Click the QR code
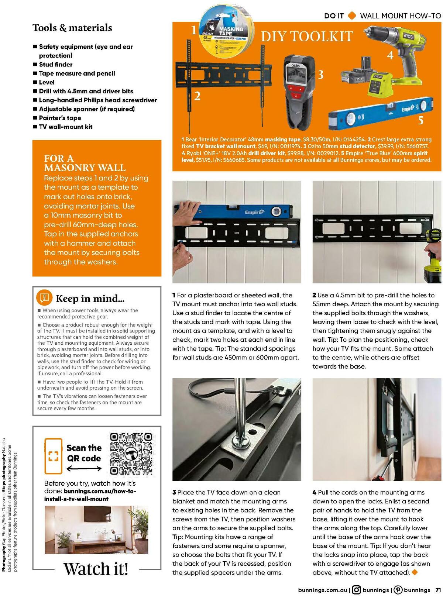pos(131,454)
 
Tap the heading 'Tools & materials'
pos(72,28)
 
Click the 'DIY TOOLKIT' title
pos(307,37)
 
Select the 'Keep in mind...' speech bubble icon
pos(44,298)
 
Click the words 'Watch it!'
pos(96,569)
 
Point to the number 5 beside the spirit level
pos(420,120)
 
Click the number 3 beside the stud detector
pos(321,75)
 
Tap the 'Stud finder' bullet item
pos(56,65)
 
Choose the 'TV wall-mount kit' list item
pos(66,127)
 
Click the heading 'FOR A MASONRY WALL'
pos(85,163)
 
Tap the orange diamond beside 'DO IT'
pos(352,15)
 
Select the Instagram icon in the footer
pos(356,590)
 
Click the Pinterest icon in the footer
pos(398,590)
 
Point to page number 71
pos(438,590)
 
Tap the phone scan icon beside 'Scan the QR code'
pos(54,456)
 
